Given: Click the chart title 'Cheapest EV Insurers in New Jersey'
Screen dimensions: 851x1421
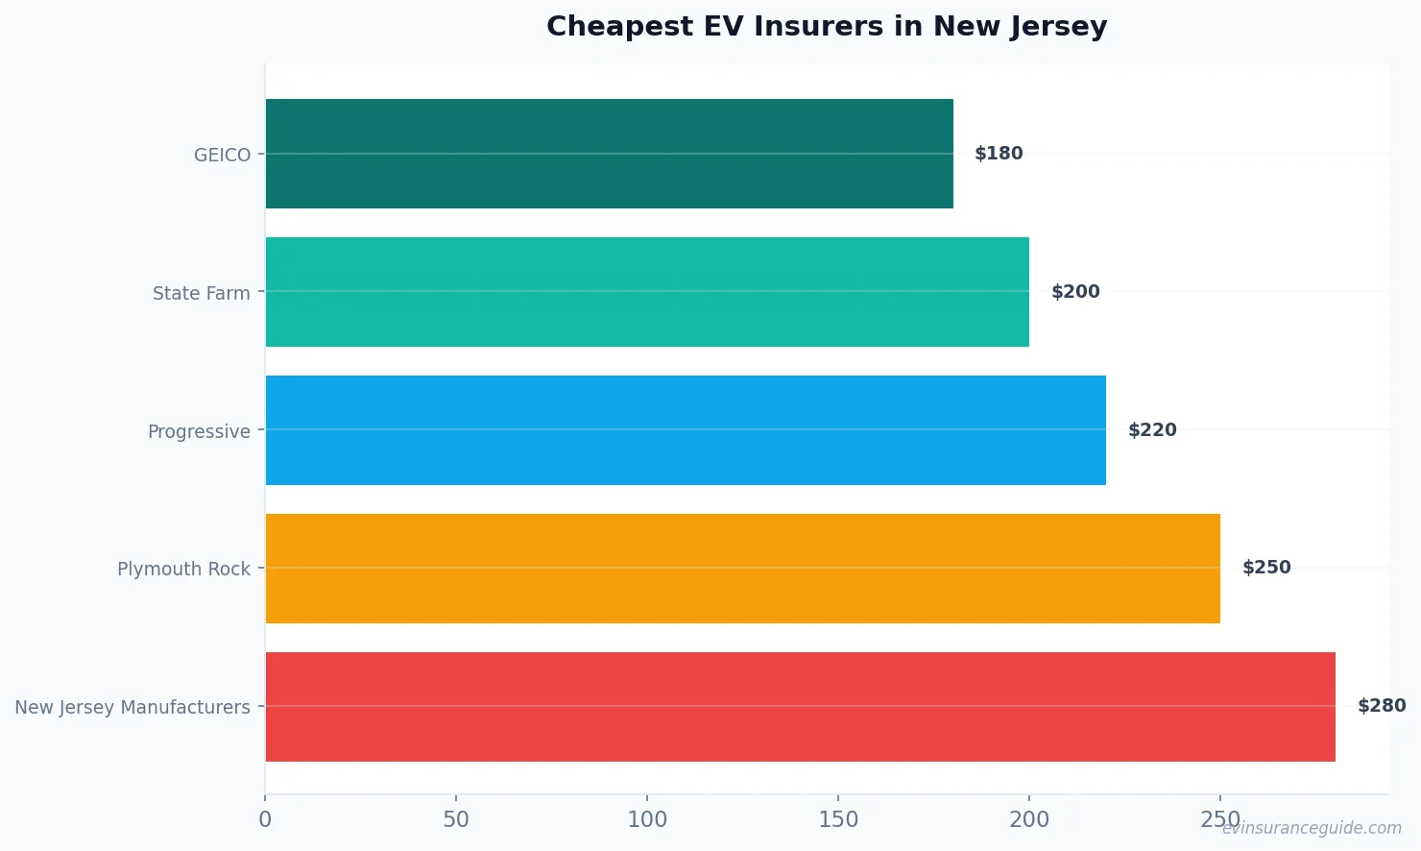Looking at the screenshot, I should click(827, 27).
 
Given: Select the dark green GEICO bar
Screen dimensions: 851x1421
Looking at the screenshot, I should click(609, 154).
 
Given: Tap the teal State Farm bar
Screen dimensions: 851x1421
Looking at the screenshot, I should click(647, 292).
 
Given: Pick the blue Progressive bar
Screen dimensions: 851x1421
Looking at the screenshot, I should click(686, 430).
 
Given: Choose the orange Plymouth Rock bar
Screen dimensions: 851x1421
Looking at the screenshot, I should click(742, 569).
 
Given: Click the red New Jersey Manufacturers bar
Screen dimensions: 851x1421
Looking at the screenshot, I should click(800, 707).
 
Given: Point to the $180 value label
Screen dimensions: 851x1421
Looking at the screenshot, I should click(999, 154).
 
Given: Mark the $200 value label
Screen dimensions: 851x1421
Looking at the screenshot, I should click(1075, 292).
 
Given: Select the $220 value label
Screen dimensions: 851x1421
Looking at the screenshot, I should click(1152, 430).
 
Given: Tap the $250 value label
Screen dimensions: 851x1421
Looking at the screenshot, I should click(1266, 568).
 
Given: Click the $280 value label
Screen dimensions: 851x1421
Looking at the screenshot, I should click(1382, 706).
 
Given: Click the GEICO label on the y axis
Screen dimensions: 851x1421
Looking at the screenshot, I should click(222, 155).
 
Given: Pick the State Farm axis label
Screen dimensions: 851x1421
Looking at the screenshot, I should click(201, 293).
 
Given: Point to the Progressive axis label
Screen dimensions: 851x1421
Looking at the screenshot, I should click(199, 431).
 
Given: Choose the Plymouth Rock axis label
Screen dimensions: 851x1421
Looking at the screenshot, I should click(183, 569).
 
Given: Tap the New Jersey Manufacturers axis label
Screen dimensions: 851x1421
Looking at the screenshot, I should click(132, 707).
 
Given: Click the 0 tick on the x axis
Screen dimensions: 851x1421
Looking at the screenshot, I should click(265, 819).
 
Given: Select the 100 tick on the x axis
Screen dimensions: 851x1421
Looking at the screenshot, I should click(647, 819).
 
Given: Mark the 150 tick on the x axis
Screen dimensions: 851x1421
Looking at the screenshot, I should click(838, 819).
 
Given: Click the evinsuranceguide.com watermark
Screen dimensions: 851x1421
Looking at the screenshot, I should click(1312, 828).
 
